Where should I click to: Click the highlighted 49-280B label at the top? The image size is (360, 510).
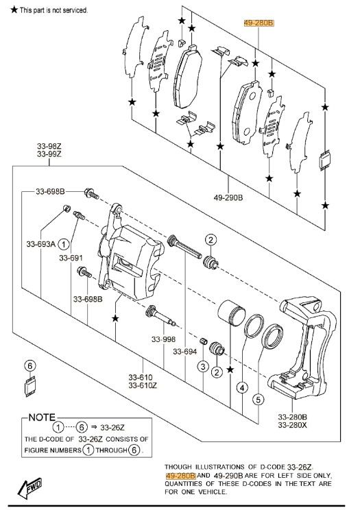(x=259, y=23)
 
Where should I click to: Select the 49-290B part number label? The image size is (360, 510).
(x=228, y=197)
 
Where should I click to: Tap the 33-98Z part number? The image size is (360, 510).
(x=49, y=146)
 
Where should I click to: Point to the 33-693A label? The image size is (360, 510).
(x=40, y=243)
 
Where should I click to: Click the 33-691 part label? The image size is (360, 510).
(x=71, y=258)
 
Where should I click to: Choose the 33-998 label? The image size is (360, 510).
(x=163, y=339)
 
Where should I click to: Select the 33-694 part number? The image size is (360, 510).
(x=185, y=352)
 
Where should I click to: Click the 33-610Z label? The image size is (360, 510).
(x=143, y=385)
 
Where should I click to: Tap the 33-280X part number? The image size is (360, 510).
(x=292, y=425)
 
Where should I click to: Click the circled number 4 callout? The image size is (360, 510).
(x=242, y=388)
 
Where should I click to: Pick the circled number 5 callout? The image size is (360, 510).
(x=258, y=400)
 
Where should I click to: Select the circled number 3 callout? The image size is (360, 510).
(x=203, y=367)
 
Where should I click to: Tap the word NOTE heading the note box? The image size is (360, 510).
(x=42, y=417)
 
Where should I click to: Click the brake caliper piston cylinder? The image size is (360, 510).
(x=231, y=313)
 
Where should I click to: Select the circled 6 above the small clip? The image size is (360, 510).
(x=30, y=365)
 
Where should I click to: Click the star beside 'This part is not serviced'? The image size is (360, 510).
(x=14, y=10)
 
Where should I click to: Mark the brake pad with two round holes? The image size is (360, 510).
(x=247, y=112)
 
